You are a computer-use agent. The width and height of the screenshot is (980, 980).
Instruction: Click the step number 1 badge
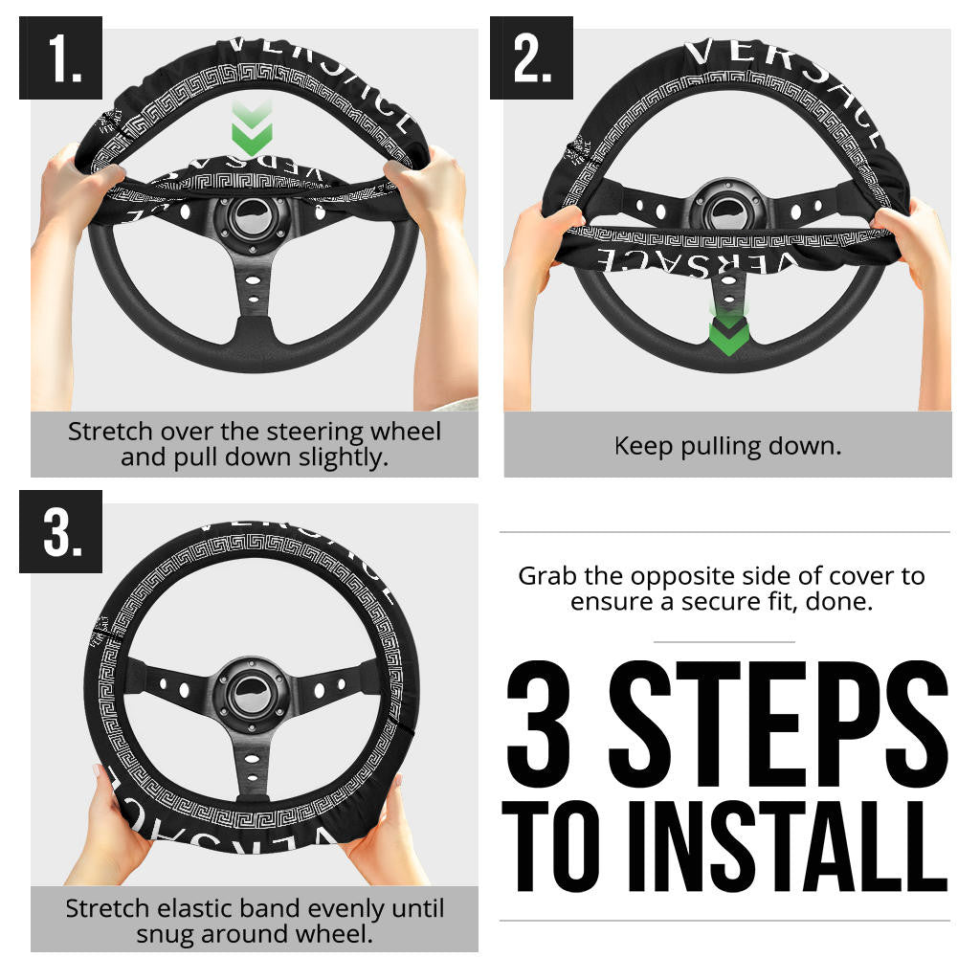pyautogui.click(x=60, y=57)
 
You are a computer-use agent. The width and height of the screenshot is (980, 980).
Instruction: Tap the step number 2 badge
pyautogui.click(x=531, y=57)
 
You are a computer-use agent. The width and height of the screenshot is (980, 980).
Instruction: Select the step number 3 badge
pyautogui.click(x=60, y=531)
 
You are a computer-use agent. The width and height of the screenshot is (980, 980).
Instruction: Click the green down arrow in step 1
pyautogui.click(x=252, y=128)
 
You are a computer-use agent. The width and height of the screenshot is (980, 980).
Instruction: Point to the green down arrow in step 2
pyautogui.click(x=728, y=331)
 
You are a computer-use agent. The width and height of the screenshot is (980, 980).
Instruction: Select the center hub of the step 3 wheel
pyautogui.click(x=251, y=693)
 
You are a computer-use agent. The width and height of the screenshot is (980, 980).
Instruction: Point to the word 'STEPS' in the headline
pyautogui.click(x=780, y=724)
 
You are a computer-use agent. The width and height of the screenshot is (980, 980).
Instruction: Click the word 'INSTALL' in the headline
pyautogui.click(x=789, y=846)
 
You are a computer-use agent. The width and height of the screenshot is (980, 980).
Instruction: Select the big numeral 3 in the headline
pyautogui.click(x=539, y=724)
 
